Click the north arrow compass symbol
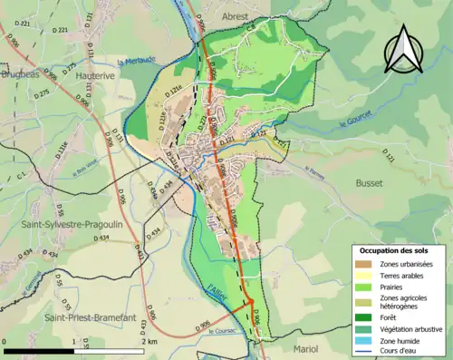click(x=403, y=49)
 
